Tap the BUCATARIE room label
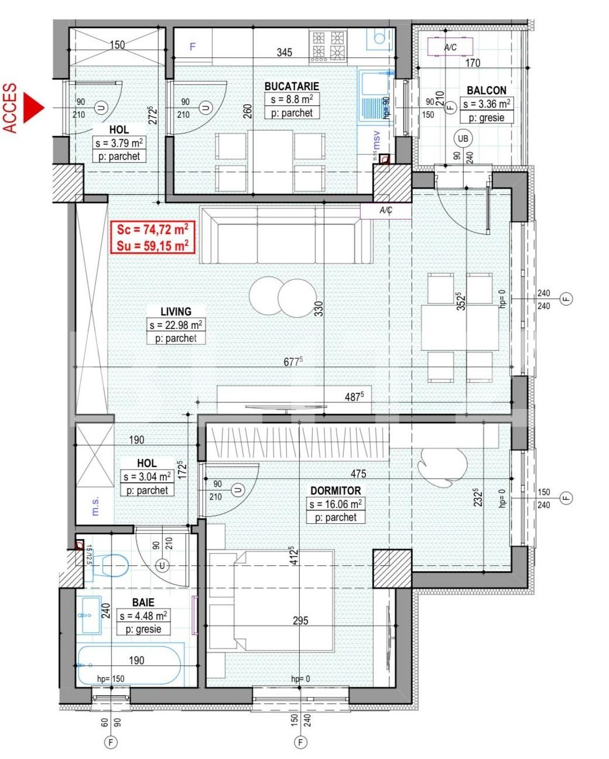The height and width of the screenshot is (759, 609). pyautogui.click(x=292, y=87)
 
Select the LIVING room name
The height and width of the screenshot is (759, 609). pyautogui.click(x=176, y=311)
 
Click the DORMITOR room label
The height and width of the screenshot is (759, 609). pyautogui.click(x=336, y=490)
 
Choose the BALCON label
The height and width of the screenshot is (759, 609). pyautogui.click(x=487, y=91)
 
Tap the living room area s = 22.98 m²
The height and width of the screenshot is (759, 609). pyautogui.click(x=176, y=325)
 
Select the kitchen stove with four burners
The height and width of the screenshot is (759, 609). pyautogui.click(x=328, y=46)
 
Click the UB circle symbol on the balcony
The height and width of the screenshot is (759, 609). pyautogui.click(x=463, y=139)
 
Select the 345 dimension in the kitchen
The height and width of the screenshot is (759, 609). pyautogui.click(x=284, y=53)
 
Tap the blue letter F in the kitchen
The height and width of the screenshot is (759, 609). pyautogui.click(x=193, y=47)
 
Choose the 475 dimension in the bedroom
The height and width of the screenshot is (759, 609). pyautogui.click(x=358, y=473)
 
